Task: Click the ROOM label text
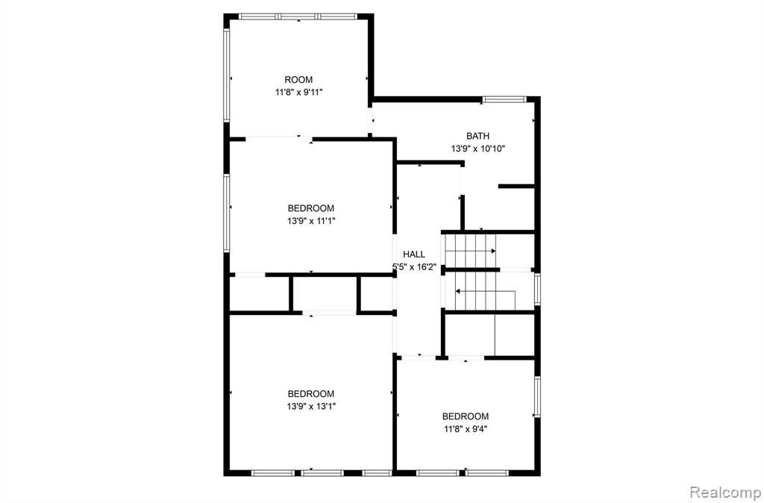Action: click(x=298, y=79)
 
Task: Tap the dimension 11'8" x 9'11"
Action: click(x=298, y=92)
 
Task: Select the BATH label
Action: click(x=477, y=136)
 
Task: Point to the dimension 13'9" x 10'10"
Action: click(x=477, y=149)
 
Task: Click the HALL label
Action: click(x=413, y=254)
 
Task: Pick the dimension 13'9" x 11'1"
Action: click(x=311, y=221)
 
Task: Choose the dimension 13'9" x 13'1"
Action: click(x=311, y=407)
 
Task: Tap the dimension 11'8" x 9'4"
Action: click(x=466, y=429)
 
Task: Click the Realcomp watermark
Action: click(x=724, y=492)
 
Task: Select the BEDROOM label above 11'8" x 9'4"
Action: click(x=466, y=416)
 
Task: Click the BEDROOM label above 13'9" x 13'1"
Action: click(x=311, y=394)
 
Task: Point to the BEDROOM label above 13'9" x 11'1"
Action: click(x=311, y=208)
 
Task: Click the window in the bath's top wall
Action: click(x=504, y=99)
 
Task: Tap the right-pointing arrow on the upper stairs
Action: click(x=471, y=251)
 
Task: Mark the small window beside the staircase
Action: click(x=537, y=289)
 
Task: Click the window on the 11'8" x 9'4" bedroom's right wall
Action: click(x=537, y=396)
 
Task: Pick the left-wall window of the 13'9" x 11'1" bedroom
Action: click(x=227, y=213)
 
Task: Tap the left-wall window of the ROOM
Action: click(x=227, y=75)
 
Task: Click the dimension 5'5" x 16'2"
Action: click(x=414, y=266)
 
